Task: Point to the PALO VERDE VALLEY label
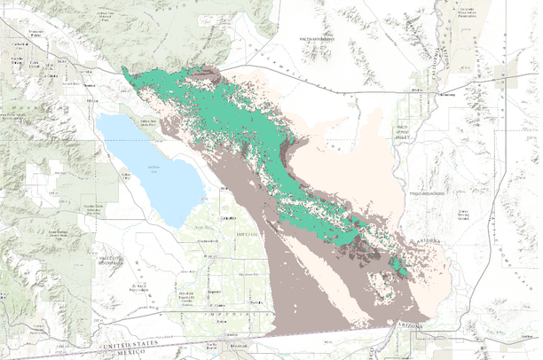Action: pyautogui.click(x=405, y=132)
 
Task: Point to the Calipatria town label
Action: pyautogui.click(x=228, y=217)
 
